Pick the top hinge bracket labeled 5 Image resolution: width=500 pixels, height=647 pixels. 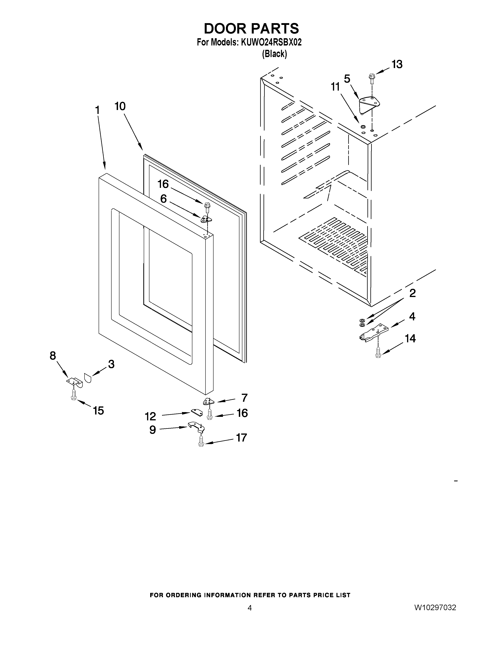pos(369,105)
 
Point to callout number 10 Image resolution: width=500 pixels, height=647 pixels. pos(120,106)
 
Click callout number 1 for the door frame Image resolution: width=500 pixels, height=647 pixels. pos(97,110)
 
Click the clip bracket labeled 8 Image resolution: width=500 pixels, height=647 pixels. pos(74,382)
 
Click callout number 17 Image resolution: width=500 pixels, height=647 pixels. pos(241,438)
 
